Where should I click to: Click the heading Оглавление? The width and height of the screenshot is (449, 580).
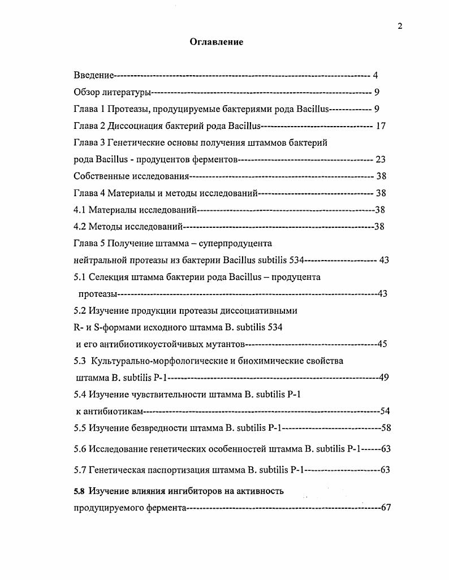216,42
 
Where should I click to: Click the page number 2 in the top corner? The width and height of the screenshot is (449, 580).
400,26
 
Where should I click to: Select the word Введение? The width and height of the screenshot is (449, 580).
94,75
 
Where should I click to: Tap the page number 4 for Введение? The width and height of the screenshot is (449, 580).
375,75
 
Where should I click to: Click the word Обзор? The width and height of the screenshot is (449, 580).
87,92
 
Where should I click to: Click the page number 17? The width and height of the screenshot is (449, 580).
381,125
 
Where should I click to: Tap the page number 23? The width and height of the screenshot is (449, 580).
381,159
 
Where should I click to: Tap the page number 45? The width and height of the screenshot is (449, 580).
383,344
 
